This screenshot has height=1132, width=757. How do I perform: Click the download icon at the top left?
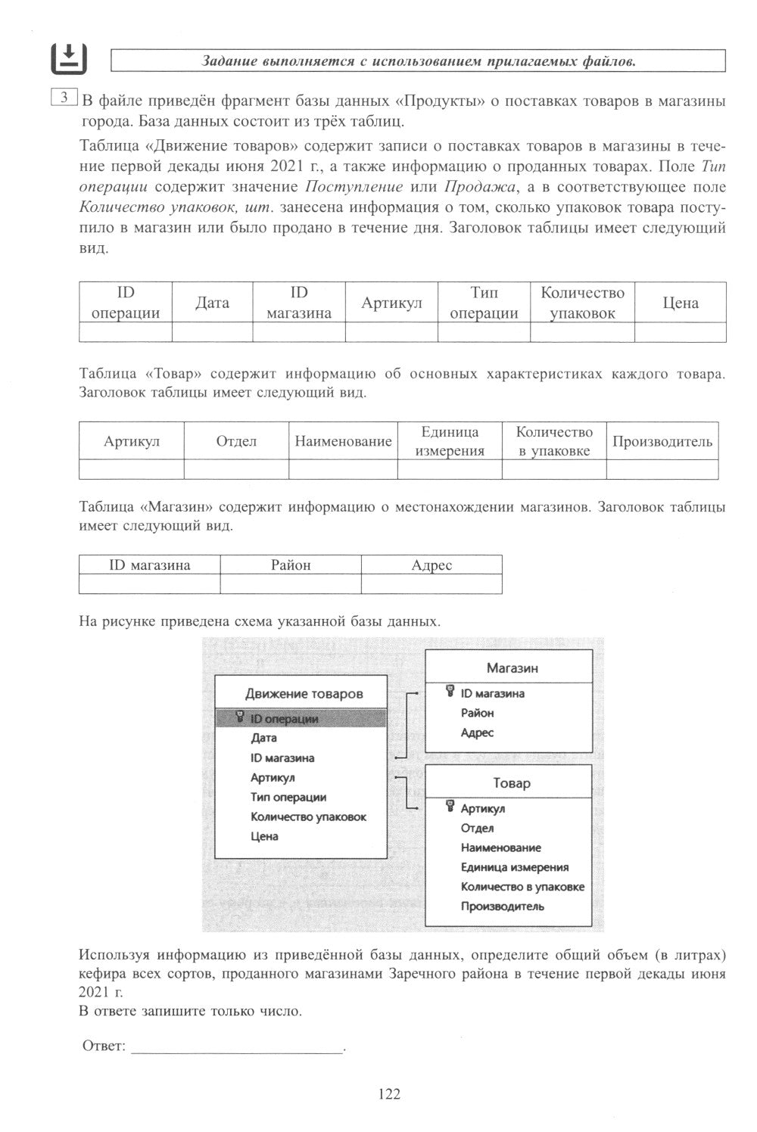(68, 58)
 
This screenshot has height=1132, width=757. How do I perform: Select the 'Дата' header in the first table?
(212, 303)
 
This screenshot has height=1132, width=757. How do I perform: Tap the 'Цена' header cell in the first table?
(680, 303)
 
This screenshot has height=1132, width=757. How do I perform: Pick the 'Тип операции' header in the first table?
(484, 303)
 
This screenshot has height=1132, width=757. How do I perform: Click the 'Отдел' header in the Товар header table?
(236, 441)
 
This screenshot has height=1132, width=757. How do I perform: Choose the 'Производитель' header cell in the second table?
(662, 441)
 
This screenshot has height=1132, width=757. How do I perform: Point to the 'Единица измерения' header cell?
(450, 441)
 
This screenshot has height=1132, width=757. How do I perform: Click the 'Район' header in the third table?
(291, 564)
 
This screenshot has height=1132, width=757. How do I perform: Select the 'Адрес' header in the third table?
(431, 564)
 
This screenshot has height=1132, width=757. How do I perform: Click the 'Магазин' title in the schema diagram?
(512, 668)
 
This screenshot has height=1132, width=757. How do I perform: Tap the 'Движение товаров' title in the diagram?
(304, 693)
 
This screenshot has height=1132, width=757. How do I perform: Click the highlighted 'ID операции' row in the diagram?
(301, 718)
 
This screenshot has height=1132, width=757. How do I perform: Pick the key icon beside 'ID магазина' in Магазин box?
(450, 692)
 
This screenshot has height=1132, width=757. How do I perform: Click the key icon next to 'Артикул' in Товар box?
(450, 807)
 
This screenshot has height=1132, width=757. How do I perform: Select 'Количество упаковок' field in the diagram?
(308, 816)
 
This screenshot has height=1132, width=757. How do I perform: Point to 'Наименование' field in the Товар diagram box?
(500, 847)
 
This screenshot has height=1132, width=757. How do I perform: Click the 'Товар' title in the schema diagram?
(512, 783)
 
